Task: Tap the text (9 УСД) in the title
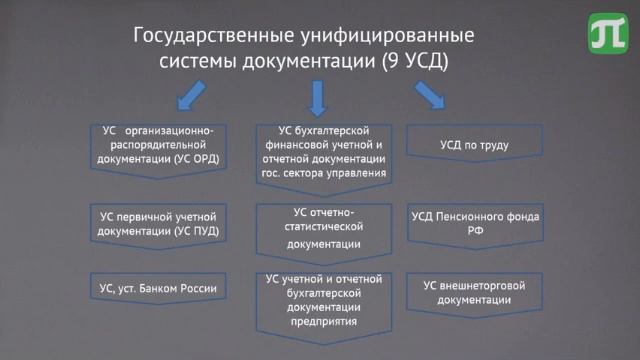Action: (x=414, y=61)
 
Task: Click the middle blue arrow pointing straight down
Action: (x=319, y=96)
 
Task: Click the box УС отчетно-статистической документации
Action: (x=320, y=229)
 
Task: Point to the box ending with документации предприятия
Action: (x=320, y=299)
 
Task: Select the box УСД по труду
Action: (x=475, y=145)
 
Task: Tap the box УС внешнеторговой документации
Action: (x=475, y=291)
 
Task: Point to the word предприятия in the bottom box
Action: (x=320, y=322)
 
